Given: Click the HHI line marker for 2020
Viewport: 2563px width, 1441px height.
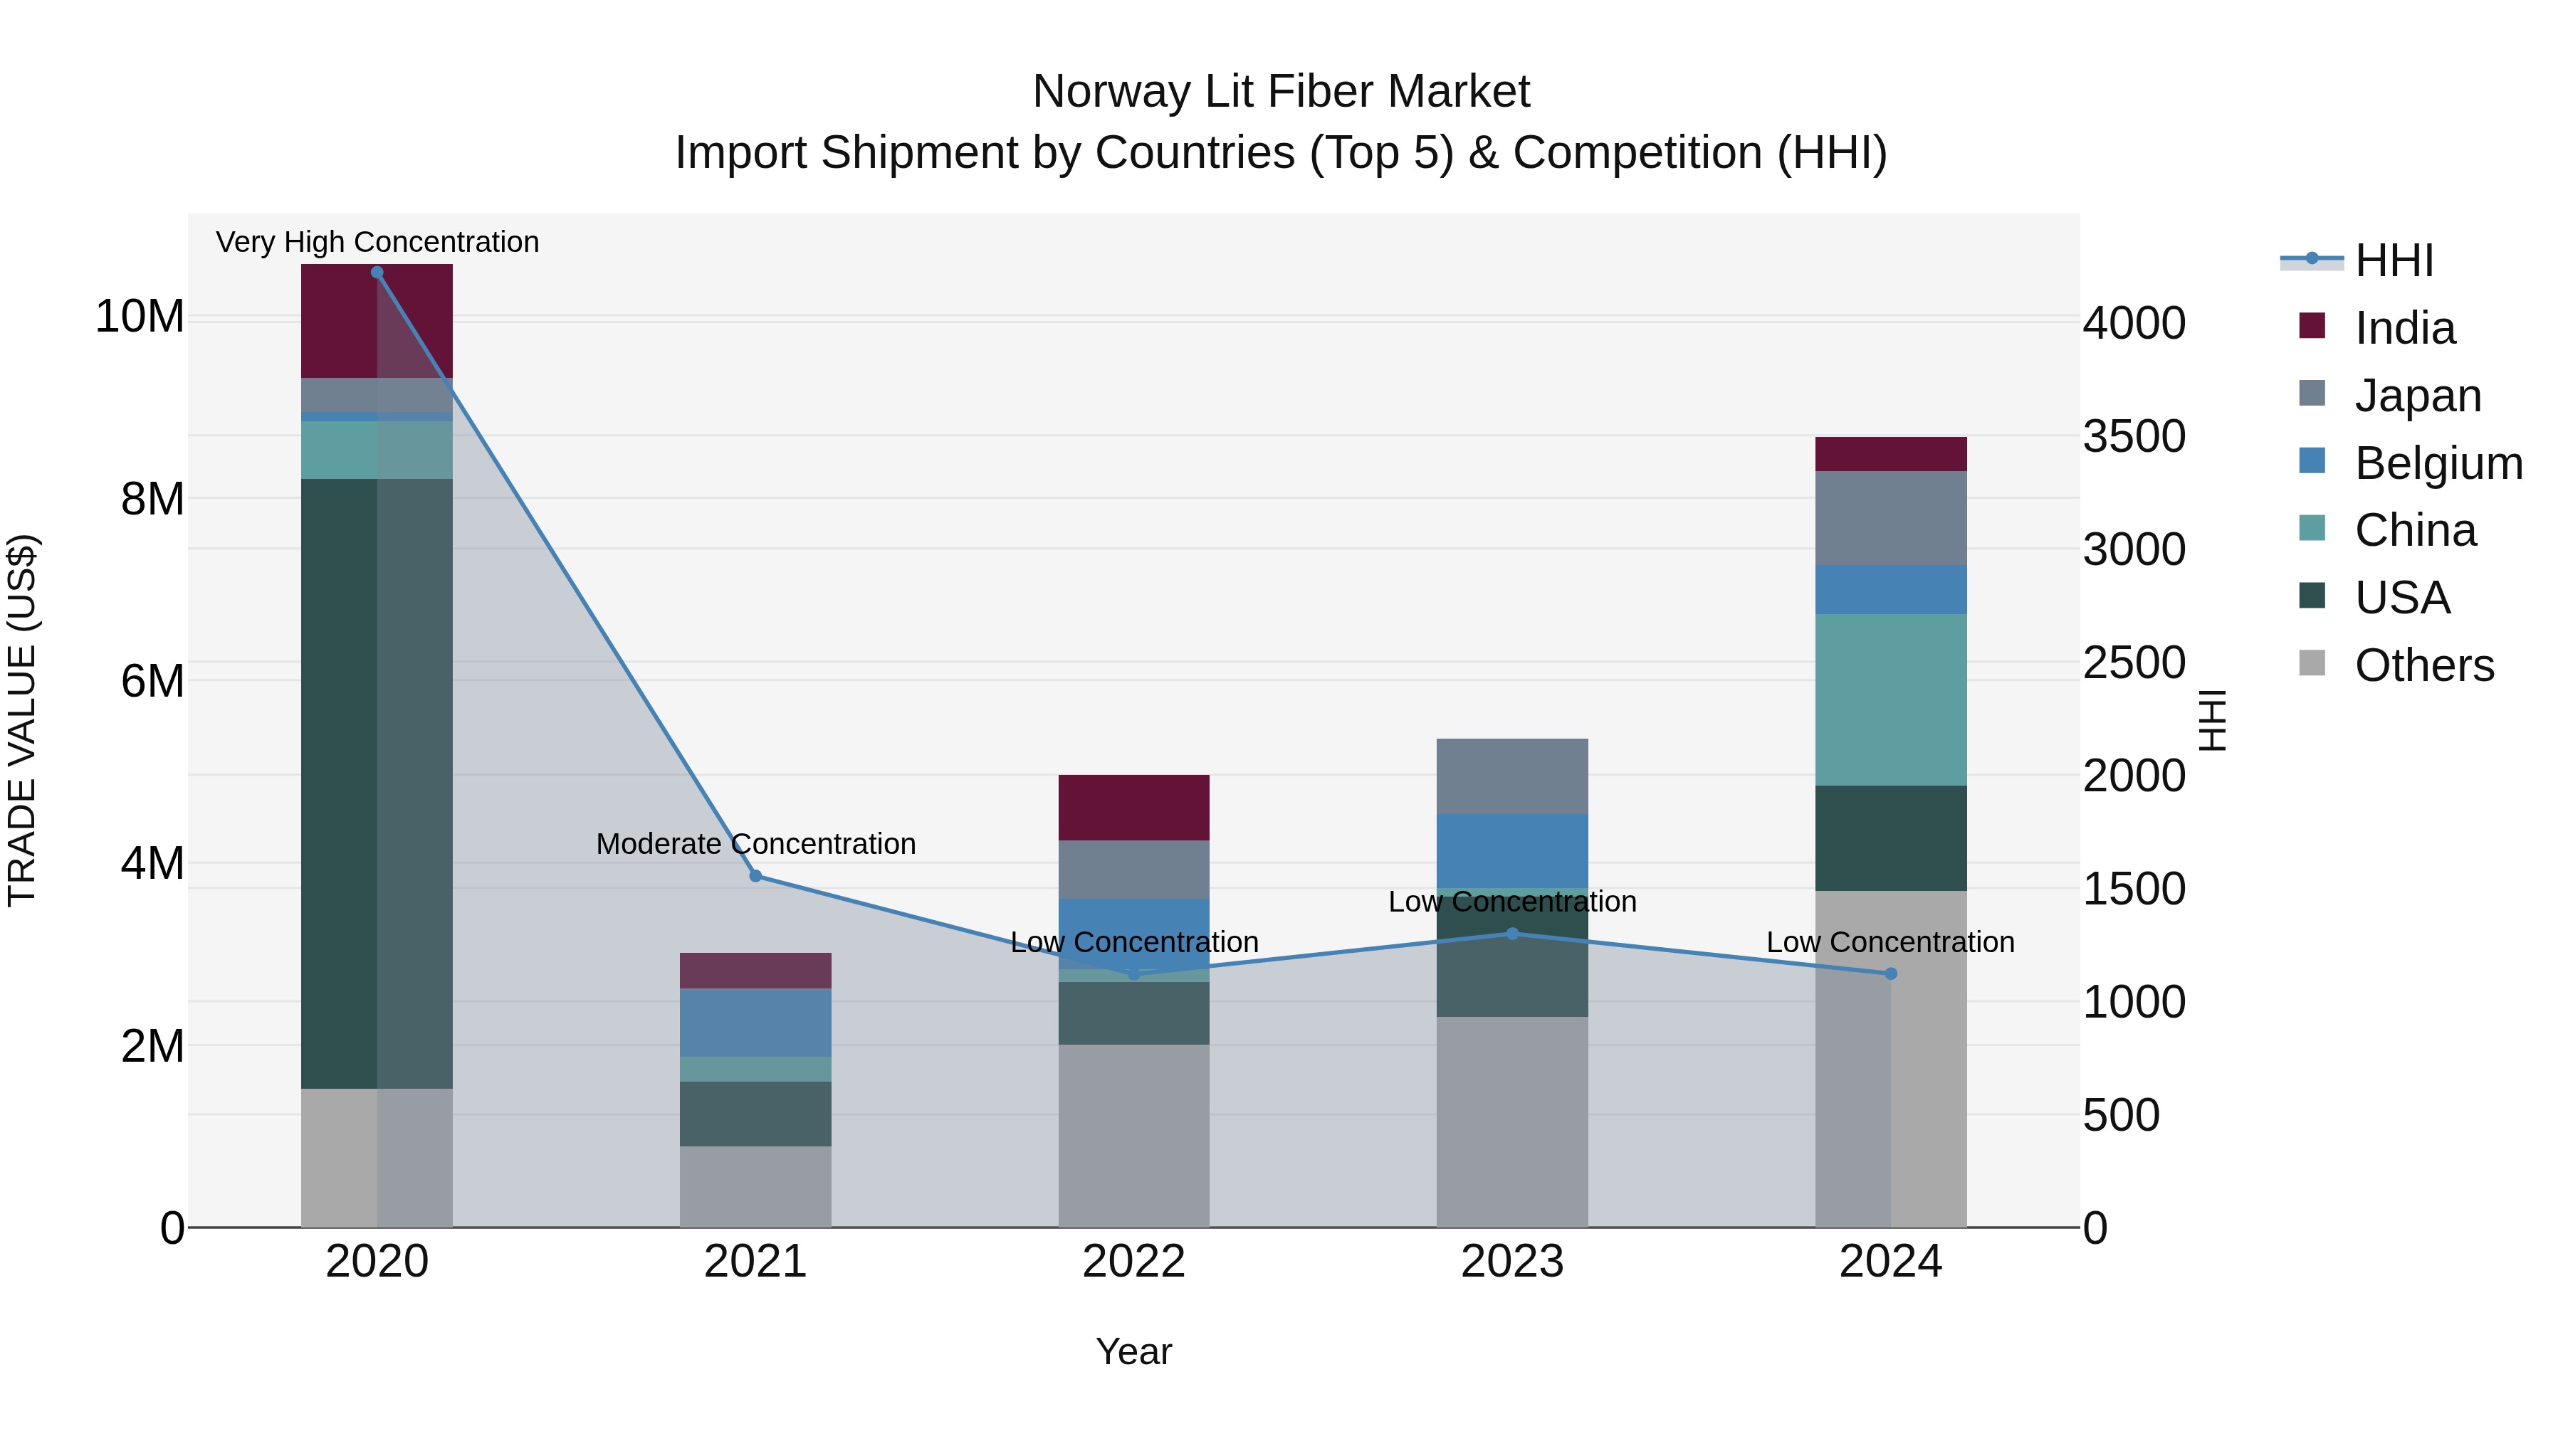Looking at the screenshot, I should (377, 273).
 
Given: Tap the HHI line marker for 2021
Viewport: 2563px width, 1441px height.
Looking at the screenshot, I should (755, 876).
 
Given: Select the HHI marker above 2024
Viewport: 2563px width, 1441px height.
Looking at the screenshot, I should (1890, 973).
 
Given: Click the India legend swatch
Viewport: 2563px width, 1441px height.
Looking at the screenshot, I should (2312, 326).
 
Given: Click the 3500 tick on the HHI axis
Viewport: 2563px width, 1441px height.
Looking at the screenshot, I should (2134, 437).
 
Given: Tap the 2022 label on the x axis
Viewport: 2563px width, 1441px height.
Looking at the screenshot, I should (1133, 1262).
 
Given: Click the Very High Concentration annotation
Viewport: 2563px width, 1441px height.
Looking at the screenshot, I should (377, 242).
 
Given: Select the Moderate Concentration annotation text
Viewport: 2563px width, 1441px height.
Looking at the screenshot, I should (755, 843).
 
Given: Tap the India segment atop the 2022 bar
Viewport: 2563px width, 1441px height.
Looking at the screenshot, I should (1133, 808).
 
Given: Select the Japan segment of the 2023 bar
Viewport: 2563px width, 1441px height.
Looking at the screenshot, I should (1511, 776).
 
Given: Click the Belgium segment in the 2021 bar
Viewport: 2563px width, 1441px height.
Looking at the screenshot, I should (755, 1023).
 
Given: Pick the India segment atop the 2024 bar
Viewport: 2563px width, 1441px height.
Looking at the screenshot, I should (1890, 453).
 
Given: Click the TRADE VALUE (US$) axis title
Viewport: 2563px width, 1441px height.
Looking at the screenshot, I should (22, 720).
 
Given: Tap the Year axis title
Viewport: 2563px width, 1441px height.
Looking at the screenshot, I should (1133, 1351).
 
